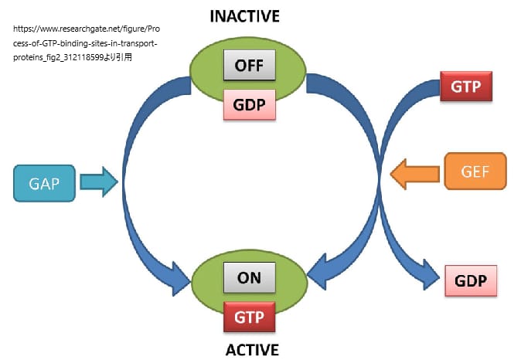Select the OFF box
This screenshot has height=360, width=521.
coord(249,66)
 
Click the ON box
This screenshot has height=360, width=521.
coord(249,277)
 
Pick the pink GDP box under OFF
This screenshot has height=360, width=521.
coord(249,104)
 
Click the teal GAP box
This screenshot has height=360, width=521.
coord(44,184)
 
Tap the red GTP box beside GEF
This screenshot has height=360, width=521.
coord(466,87)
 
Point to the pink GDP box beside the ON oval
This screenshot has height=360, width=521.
coord(471,280)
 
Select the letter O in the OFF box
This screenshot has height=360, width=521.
coord(239,66)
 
